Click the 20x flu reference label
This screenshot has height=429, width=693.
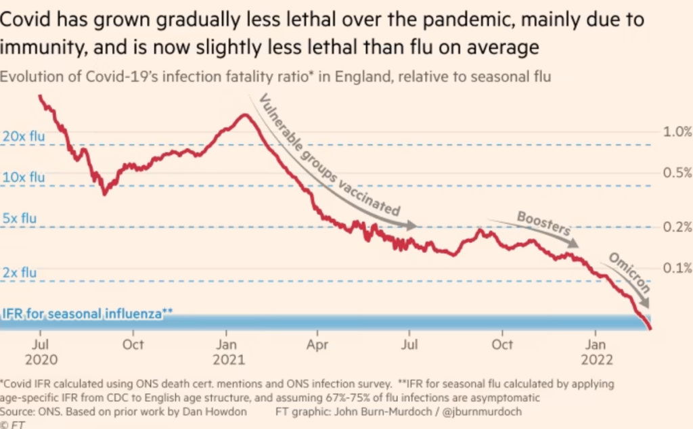coord(24,137)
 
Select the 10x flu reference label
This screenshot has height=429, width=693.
coord(24,177)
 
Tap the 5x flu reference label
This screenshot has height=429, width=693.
coord(20,219)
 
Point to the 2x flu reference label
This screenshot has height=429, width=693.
coord(20,273)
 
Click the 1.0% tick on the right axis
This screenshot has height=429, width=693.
coord(676,131)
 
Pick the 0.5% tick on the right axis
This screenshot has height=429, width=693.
coord(676,173)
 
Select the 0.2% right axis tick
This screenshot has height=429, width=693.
coord(676,226)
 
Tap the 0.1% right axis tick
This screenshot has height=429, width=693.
coord(676,267)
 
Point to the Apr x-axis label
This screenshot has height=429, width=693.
coord(317,344)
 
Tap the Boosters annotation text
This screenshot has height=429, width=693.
coord(543,223)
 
